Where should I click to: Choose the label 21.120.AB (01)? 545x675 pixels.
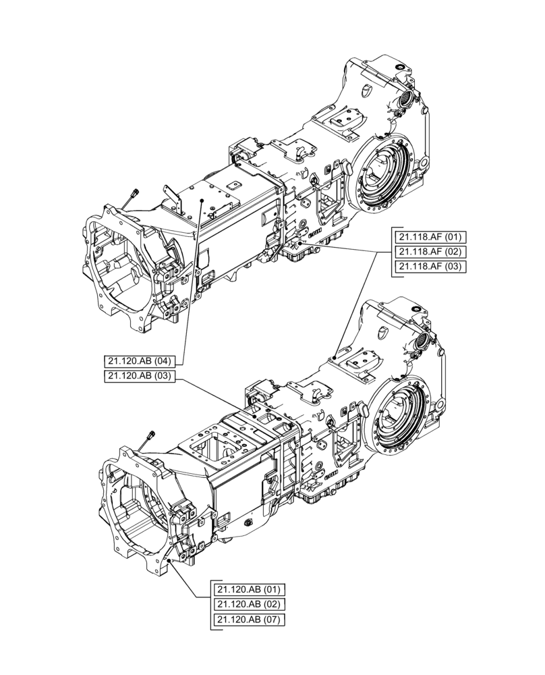[x=248, y=589]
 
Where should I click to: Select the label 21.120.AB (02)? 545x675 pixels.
[x=248, y=603]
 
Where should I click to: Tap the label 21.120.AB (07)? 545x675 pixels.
[x=248, y=619]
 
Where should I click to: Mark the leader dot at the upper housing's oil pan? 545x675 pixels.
[x=300, y=243]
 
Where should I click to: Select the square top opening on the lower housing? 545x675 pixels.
[x=214, y=446]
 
